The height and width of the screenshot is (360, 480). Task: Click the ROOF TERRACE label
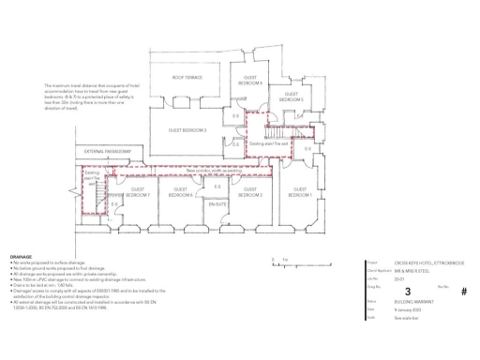[x=187, y=78]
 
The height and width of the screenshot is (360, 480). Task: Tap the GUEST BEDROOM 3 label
[x=187, y=130]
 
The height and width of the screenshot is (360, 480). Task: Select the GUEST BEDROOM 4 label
[x=251, y=81]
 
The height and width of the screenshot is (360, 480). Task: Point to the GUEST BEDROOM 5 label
[x=292, y=97]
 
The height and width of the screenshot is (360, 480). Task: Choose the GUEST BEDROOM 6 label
[x=182, y=193]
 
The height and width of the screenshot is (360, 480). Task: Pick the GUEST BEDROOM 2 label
[x=252, y=192]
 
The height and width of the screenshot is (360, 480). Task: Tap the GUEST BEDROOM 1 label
[x=300, y=192]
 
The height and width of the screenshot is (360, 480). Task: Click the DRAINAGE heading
[x=21, y=255]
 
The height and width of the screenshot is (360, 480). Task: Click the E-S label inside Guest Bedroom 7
[x=114, y=203]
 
